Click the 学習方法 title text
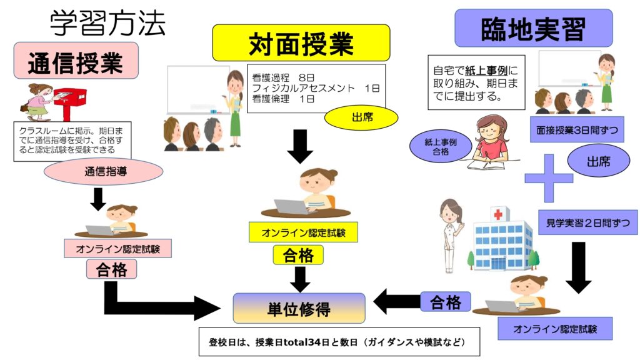coord(108,23)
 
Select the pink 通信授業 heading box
coord(76,61)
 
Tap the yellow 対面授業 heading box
coord(301,42)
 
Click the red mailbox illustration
coord(69,101)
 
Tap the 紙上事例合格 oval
coord(441,147)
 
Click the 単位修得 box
coord(299,308)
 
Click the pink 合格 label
coord(112,269)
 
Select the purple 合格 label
coord(446,302)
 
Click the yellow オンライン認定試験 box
coord(304,232)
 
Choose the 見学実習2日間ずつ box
coord(587,222)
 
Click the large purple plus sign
coord(549,177)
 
